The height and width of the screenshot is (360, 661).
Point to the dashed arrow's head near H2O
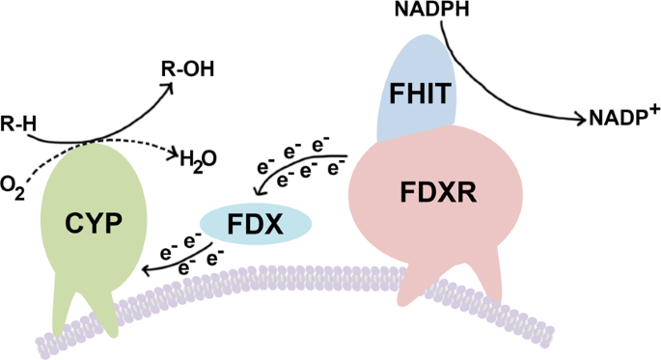(175, 153)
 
